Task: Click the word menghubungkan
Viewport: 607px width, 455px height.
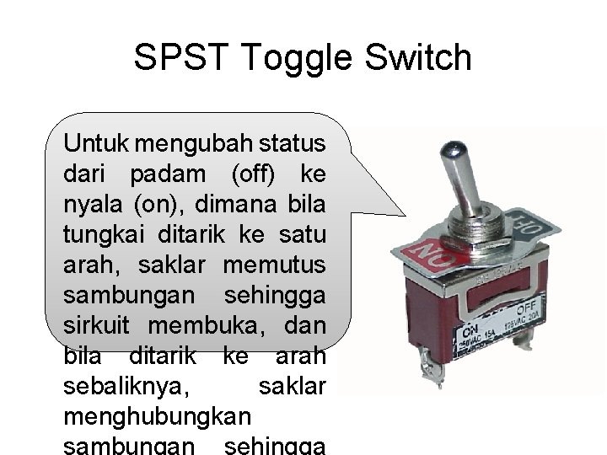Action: (157, 416)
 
